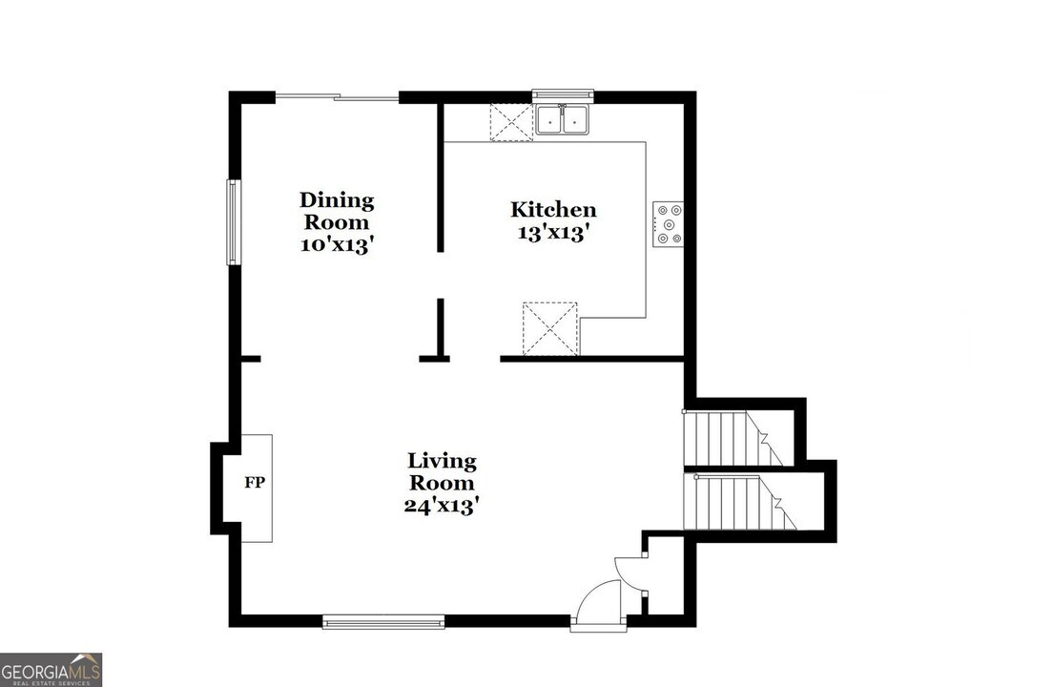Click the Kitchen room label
(553, 210)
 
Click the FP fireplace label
(255, 483)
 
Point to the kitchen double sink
(562, 120)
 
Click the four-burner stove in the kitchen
(669, 224)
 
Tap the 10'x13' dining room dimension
(336, 244)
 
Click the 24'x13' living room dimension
(441, 506)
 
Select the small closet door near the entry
(632, 568)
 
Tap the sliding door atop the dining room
(337, 96)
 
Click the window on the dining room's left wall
(231, 222)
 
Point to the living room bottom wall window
(383, 622)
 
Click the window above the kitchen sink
(563, 94)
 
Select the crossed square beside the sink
(510, 122)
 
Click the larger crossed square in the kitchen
(550, 329)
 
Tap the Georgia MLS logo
(52, 669)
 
